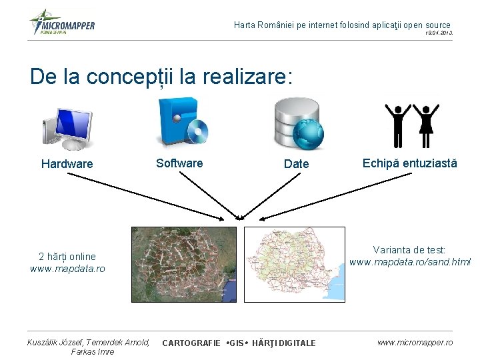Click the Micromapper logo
coord(63,23)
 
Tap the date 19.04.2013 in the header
coord(439,32)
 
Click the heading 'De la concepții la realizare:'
coord(161,77)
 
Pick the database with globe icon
coord(298,123)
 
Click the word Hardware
coord(67,164)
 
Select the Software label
coord(179,163)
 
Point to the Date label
coord(296,164)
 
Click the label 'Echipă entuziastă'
coord(410,163)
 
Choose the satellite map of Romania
coord(184,264)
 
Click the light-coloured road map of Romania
coord(295,264)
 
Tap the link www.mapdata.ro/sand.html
coord(410,262)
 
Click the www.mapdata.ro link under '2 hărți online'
coord(67,269)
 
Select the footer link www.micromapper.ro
coord(415,342)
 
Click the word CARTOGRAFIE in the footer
coord(191,343)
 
